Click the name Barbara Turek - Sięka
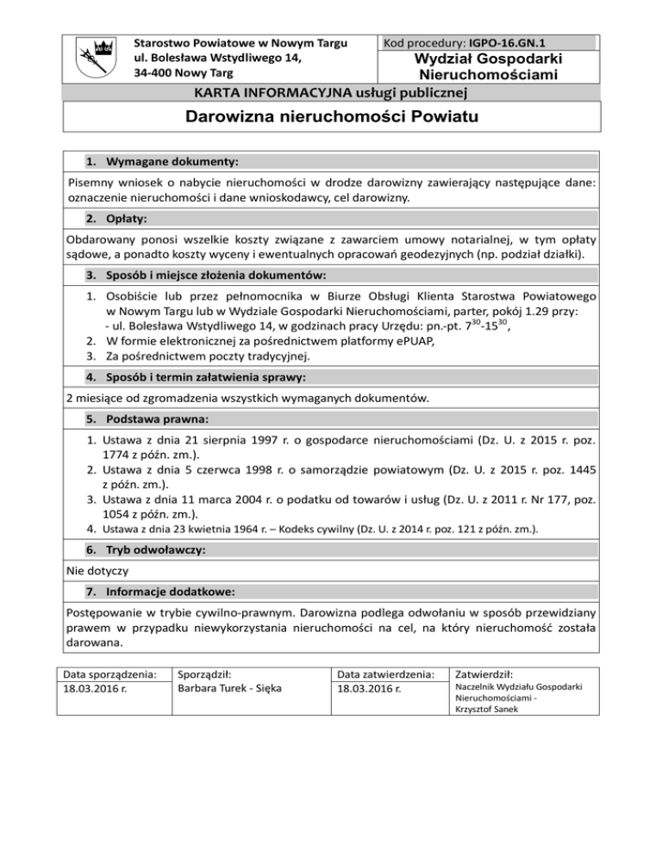(x=223, y=690)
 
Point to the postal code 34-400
(x=156, y=72)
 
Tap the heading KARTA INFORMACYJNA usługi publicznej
(x=330, y=92)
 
